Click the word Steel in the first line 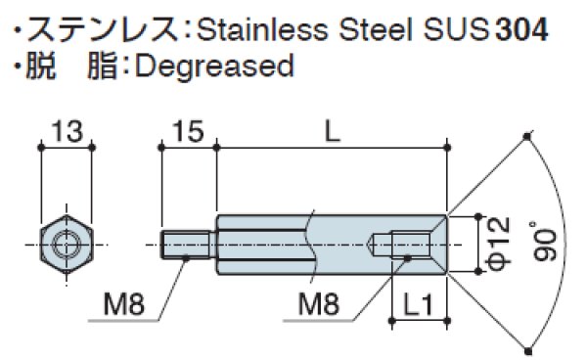[367, 28]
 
